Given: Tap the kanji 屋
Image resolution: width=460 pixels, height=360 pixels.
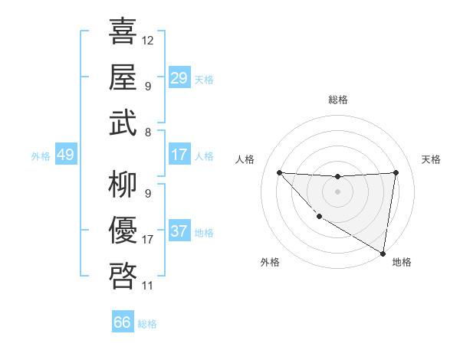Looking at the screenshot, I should click(123, 77).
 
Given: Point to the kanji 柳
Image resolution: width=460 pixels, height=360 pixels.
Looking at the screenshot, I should click(123, 184).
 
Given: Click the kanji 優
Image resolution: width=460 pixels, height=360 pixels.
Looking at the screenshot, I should click(123, 230).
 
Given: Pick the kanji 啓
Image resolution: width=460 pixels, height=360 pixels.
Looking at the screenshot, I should click(123, 276).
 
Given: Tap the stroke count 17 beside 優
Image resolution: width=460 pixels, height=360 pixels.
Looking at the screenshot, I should click(148, 240).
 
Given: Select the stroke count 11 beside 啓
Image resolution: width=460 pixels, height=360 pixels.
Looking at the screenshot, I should click(148, 286).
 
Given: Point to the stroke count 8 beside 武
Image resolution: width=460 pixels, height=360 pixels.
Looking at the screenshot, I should click(147, 133).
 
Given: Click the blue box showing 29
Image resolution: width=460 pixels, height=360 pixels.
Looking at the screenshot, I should click(179, 78).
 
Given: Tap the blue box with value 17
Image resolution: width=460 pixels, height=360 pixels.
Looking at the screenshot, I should click(179, 155).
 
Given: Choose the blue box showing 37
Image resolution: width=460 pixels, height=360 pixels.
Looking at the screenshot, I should click(179, 231).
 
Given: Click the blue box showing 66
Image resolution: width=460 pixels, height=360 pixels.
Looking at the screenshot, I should click(123, 322).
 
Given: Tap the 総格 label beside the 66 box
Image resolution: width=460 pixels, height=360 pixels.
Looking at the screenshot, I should click(148, 324).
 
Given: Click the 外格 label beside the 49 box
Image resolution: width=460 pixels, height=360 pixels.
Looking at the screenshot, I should click(41, 156).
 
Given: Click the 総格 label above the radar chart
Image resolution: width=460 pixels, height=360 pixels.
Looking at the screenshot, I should click(338, 100).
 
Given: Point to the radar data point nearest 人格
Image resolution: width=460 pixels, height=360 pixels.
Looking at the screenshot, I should click(280, 172).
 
